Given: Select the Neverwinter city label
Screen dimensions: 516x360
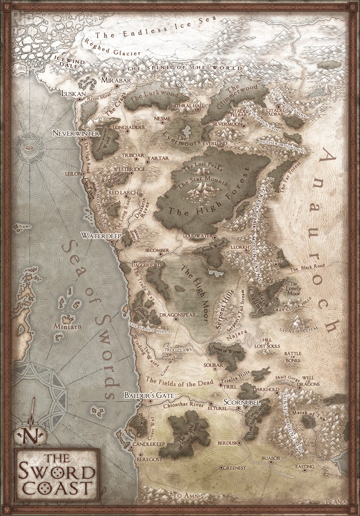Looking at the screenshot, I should click(x=76, y=133).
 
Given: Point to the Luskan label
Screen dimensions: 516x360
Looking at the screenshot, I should click(x=74, y=94).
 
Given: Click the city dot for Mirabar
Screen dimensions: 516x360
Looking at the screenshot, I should click(x=117, y=86).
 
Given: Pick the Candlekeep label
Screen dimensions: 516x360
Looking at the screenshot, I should click(x=149, y=444).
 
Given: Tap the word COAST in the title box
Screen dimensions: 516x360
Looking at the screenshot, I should click(x=56, y=488).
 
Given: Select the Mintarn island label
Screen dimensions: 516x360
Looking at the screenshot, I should click(x=65, y=327).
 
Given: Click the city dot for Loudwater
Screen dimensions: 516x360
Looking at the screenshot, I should click(x=215, y=238).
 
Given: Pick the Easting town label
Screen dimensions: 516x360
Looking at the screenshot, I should click(x=305, y=467).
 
